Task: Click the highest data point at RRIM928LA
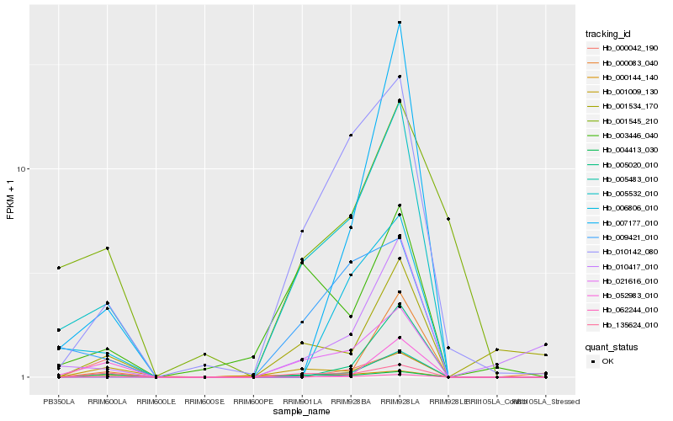click(400, 22)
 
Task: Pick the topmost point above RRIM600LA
click(108, 248)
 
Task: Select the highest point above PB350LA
click(59, 268)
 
